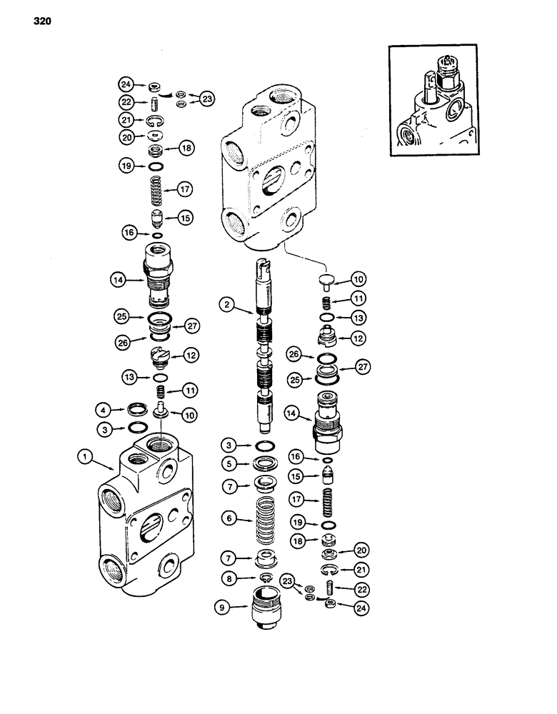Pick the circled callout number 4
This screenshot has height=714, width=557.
(x=104, y=411)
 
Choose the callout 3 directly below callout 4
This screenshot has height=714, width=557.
(x=104, y=428)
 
